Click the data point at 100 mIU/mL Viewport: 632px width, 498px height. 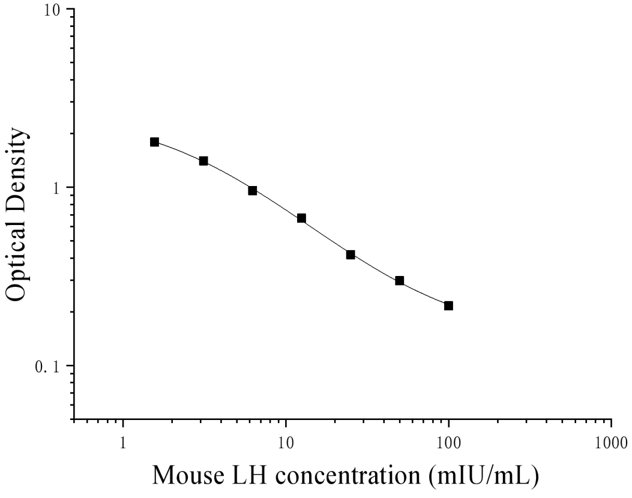[x=448, y=305]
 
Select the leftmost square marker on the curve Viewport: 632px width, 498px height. [x=154, y=142]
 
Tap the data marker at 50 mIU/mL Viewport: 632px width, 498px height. [x=399, y=280]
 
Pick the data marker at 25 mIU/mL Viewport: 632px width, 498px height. [x=351, y=254]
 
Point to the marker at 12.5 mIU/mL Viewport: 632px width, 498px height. [x=301, y=218]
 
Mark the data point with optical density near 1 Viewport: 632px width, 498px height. [x=252, y=190]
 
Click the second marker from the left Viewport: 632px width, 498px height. [x=203, y=160]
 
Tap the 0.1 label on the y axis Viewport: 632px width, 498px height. [x=53, y=366]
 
